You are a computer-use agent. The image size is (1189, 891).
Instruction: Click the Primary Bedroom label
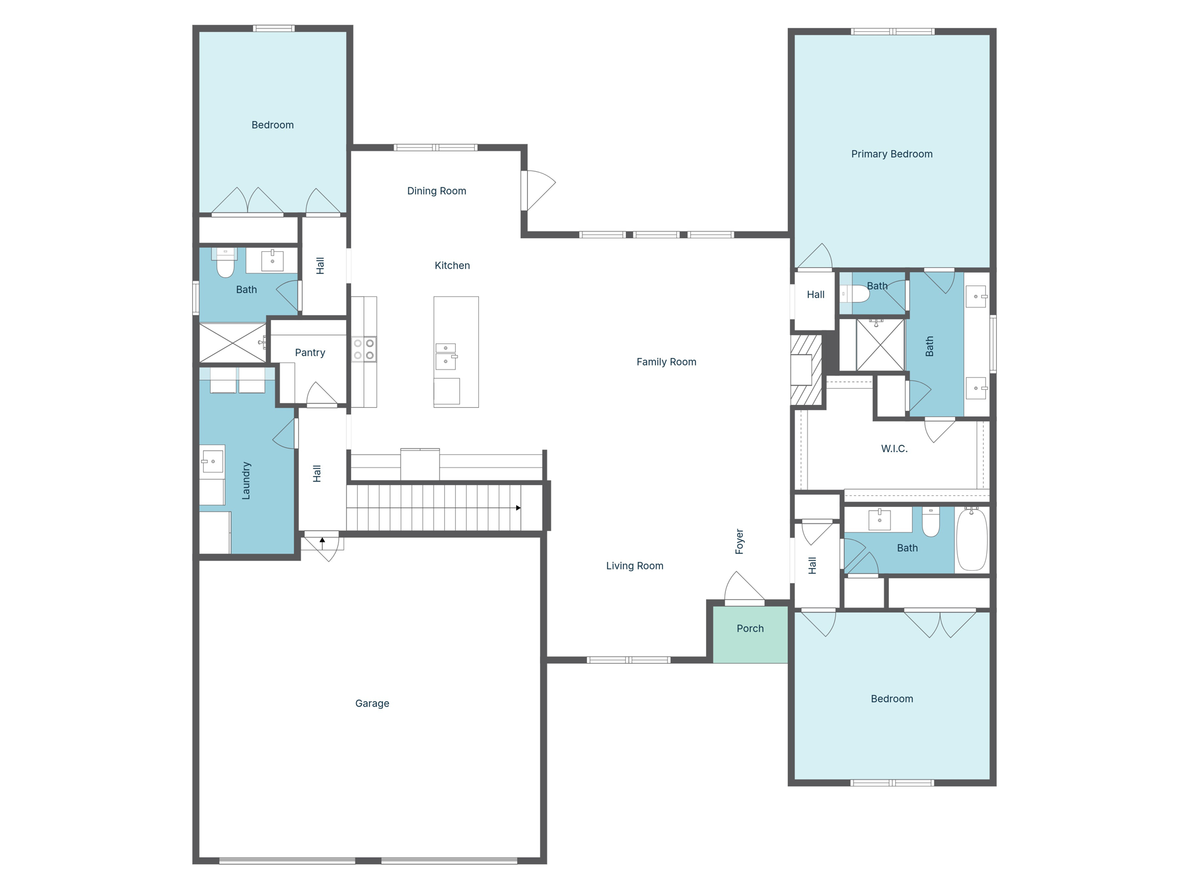pos(892,154)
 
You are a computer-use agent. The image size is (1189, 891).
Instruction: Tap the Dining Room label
pos(436,191)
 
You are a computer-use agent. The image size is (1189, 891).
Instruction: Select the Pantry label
pos(309,353)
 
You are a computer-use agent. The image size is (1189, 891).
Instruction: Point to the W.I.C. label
pos(893,448)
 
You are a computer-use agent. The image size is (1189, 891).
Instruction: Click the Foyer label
pos(739,541)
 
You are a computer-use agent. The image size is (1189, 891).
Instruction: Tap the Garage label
pos(372,703)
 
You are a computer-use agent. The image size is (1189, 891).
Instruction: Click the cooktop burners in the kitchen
pos(364,349)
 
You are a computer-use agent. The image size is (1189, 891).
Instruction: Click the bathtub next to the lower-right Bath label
pos(971,539)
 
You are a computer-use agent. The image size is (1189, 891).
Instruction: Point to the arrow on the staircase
pos(518,508)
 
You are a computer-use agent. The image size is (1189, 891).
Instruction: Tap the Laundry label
pos(246,480)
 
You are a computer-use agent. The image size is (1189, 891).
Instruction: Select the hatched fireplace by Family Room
pos(806,370)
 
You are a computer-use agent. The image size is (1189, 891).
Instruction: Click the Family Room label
pos(666,362)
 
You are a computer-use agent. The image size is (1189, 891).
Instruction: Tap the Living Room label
pos(634,566)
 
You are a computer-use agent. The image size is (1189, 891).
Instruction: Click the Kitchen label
pos(452,266)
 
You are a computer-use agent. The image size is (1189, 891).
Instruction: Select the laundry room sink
pos(212,461)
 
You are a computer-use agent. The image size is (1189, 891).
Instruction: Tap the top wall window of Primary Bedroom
pos(892,31)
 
